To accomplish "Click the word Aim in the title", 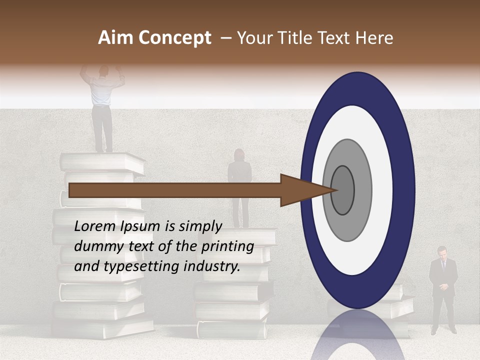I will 116,38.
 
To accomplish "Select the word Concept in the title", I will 174,38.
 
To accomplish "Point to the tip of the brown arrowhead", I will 336,190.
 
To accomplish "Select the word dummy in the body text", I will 95,246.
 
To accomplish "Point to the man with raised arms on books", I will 102,107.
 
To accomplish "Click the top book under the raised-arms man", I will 102,162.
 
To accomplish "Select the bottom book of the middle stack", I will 232,329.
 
